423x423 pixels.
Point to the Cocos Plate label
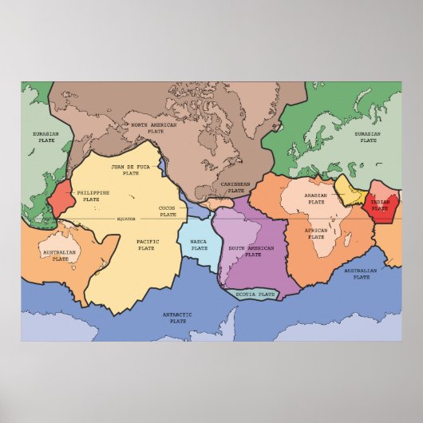tap(168, 211)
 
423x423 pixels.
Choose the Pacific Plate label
tap(146, 244)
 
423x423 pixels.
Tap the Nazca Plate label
tap(199, 244)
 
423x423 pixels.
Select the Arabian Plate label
tap(316, 197)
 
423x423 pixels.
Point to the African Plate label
tap(316, 234)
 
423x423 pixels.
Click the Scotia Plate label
tap(256, 295)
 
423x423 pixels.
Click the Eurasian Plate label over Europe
tap(368, 137)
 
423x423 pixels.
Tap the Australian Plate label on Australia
tap(58, 255)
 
